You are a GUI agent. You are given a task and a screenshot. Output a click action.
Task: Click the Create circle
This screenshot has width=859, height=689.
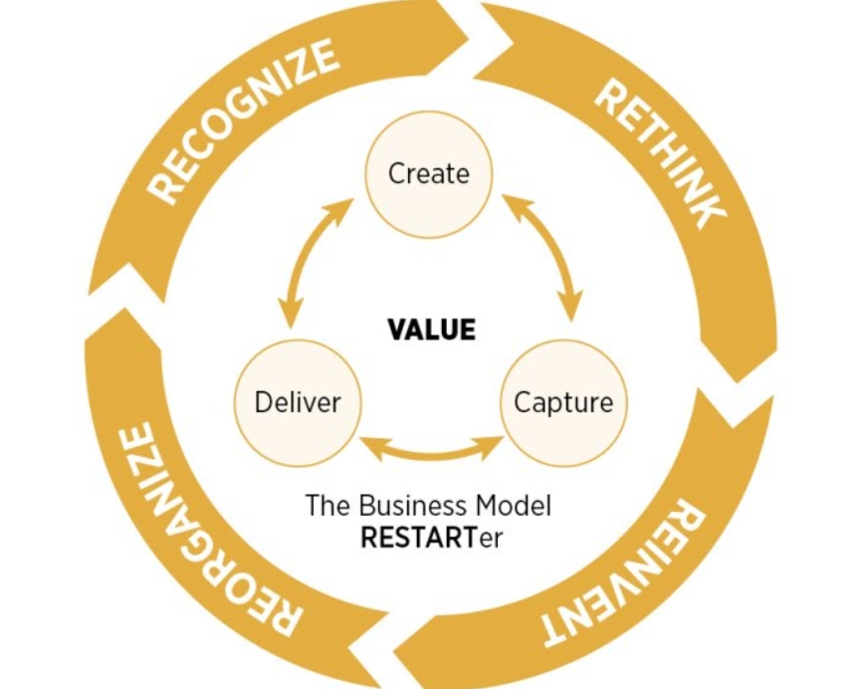click(x=428, y=174)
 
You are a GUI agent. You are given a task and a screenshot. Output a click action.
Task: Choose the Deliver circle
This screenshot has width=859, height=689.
click(x=297, y=402)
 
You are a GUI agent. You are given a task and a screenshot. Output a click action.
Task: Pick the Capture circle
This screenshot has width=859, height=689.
click(x=562, y=402)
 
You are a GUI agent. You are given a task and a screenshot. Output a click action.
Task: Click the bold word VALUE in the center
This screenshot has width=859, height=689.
click(x=431, y=330)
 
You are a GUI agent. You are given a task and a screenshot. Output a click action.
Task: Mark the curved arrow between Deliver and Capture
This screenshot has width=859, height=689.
click(x=430, y=449)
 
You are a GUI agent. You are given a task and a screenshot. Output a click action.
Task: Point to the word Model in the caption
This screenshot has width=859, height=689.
click(x=517, y=505)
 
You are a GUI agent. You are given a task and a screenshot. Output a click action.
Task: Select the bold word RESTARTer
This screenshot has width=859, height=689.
click(x=430, y=539)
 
